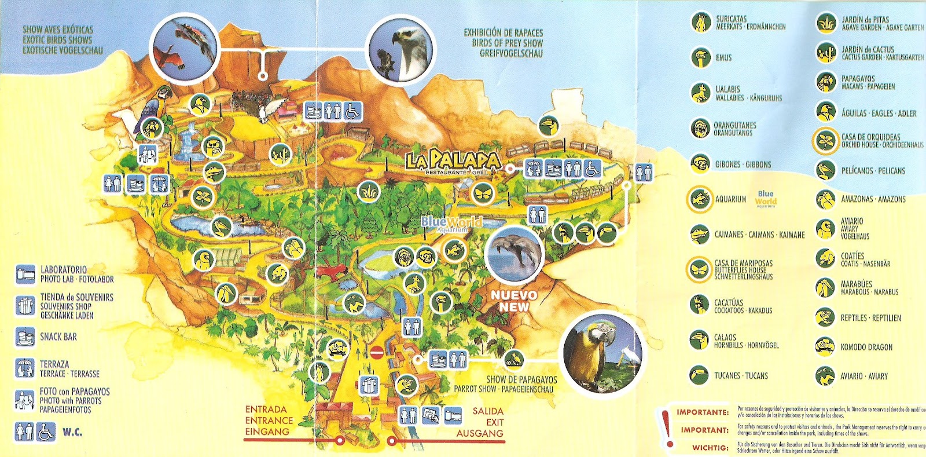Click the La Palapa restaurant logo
(453, 162)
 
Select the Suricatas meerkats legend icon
(700, 23)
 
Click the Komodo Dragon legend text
(866, 348)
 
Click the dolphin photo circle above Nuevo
(515, 255)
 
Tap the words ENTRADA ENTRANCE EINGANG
(269, 421)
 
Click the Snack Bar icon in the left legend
(25, 337)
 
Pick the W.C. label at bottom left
(72, 432)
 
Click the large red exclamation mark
(667, 427)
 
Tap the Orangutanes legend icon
(700, 128)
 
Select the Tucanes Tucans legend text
(741, 376)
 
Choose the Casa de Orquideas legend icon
(825, 141)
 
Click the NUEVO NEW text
(513, 301)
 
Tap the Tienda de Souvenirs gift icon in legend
(25, 305)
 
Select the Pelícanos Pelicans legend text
(873, 171)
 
